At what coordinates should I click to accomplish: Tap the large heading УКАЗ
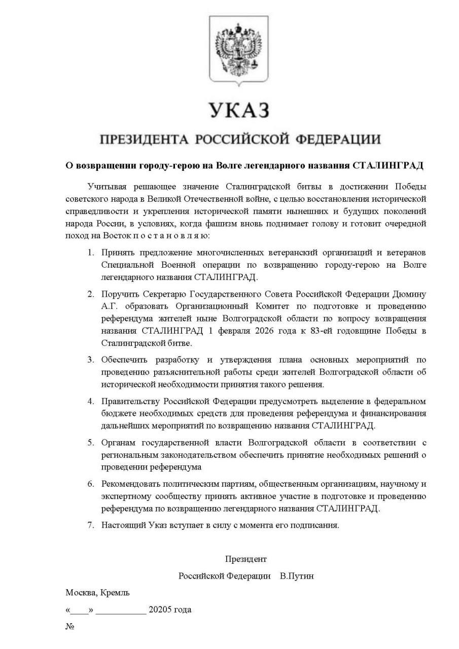[238, 110]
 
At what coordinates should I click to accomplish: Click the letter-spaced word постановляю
[170, 236]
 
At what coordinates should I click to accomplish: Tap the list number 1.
[90, 253]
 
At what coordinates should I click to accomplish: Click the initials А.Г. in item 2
[110, 307]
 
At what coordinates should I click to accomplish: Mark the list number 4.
[90, 401]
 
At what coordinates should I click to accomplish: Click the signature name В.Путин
[297, 576]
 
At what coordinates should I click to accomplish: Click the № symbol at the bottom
[70, 627]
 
